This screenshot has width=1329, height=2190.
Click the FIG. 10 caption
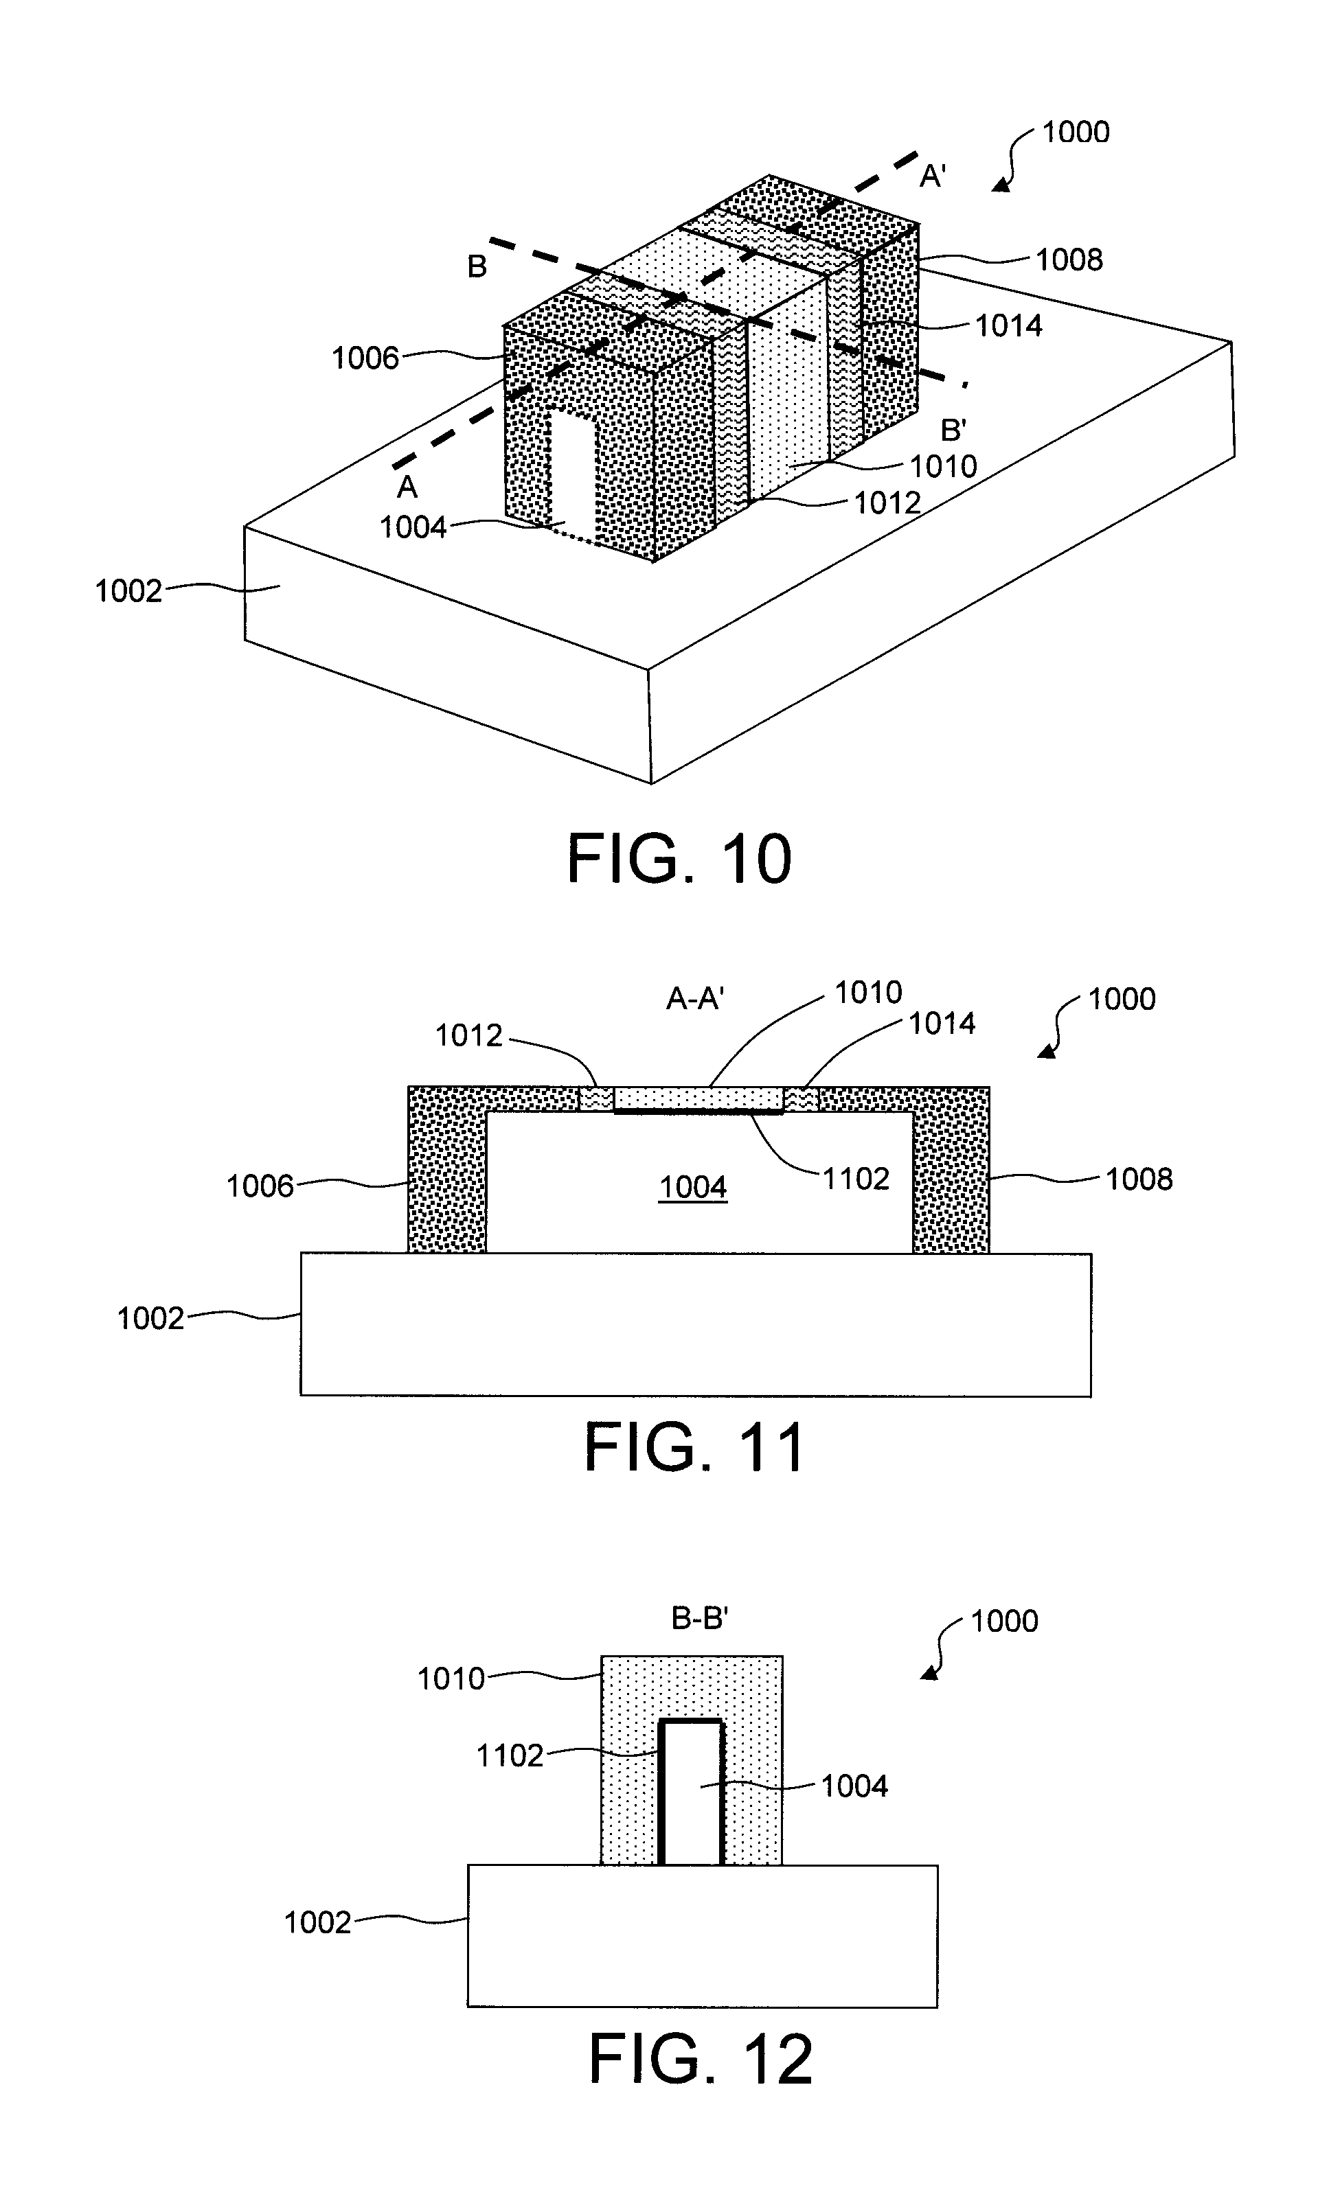[x=679, y=859]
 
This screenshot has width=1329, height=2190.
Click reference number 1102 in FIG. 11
[x=855, y=1179]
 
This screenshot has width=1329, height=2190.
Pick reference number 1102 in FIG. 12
[x=510, y=1755]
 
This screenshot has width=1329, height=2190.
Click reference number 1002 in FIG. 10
[x=129, y=591]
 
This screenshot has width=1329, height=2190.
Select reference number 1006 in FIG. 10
[x=365, y=358]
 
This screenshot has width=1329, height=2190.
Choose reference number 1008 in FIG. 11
[x=1139, y=1179]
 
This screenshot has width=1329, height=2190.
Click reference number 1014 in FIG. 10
[x=1009, y=326]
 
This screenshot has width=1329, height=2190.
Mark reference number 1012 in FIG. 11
[x=468, y=1035]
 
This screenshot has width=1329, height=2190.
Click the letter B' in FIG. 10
[x=954, y=430]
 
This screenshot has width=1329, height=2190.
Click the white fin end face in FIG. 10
[x=571, y=470]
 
